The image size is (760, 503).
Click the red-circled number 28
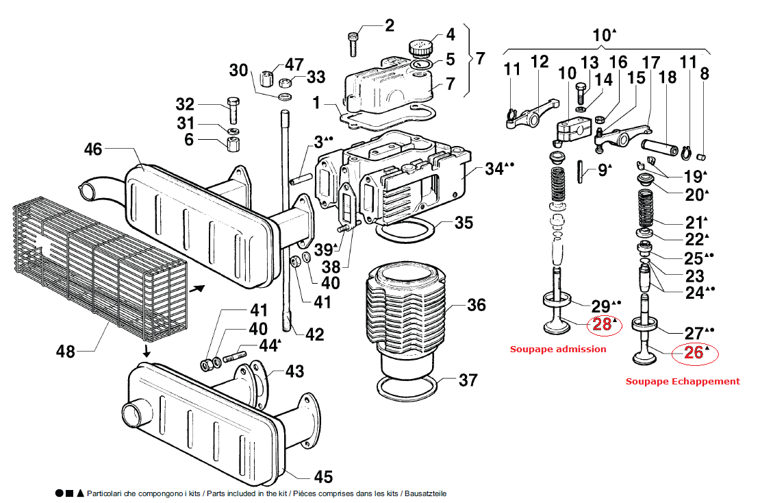point(602,325)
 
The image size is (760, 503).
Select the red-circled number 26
point(694,353)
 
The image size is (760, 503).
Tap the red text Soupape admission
point(558,349)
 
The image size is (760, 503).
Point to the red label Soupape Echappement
point(683,381)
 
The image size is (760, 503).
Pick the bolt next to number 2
point(353,44)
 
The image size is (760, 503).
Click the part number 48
point(66,352)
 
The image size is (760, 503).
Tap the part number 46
point(94,149)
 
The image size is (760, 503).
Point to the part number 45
point(323,476)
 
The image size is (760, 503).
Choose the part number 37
point(468,380)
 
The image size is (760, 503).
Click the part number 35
point(464,223)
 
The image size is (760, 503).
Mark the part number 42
point(314,334)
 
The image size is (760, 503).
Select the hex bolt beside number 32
point(233,110)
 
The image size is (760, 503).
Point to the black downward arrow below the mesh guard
point(146,351)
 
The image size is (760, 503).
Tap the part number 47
point(294,64)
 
